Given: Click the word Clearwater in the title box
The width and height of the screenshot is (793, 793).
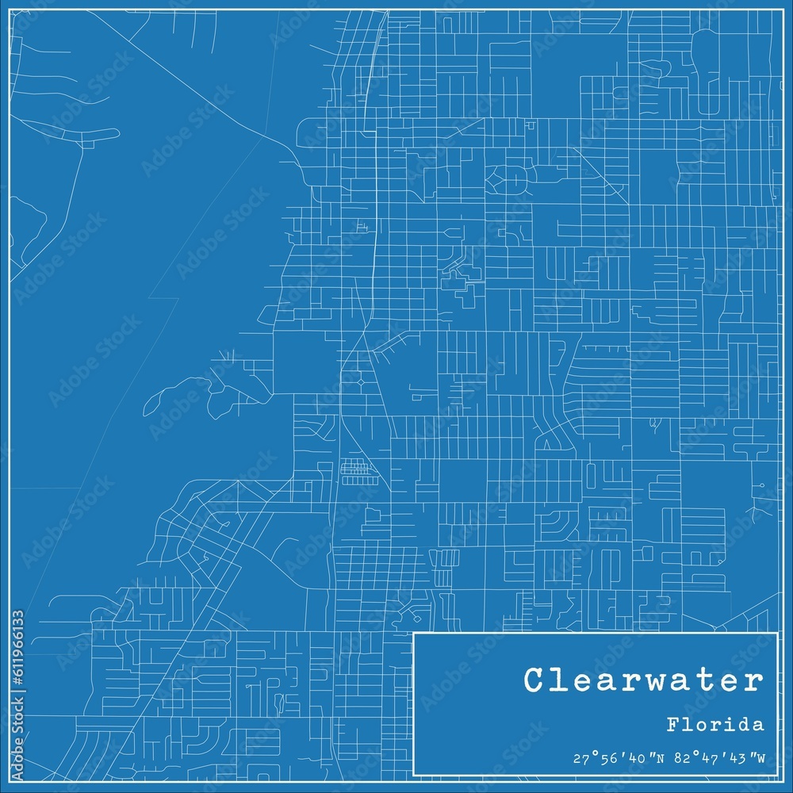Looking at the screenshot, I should point(643,680).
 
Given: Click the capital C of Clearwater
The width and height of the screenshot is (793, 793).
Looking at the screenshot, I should point(534,680).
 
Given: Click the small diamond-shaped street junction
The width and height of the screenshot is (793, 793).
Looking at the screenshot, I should point(362,383).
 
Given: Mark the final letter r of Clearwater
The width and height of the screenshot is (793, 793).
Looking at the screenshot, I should point(754,680).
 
